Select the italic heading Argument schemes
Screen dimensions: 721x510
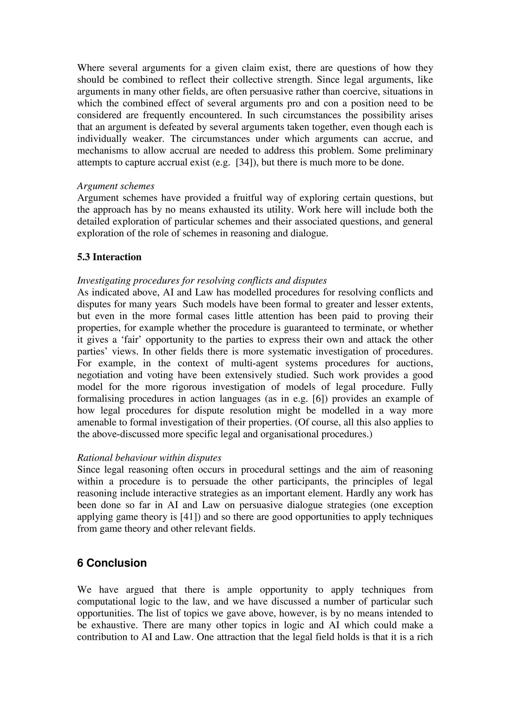pos(116,186)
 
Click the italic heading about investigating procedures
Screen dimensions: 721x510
pos(202,280)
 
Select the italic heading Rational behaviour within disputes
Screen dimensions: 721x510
pos(149,458)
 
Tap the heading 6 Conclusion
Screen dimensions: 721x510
pos(112,563)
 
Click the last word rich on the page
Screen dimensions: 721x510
pos(424,637)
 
